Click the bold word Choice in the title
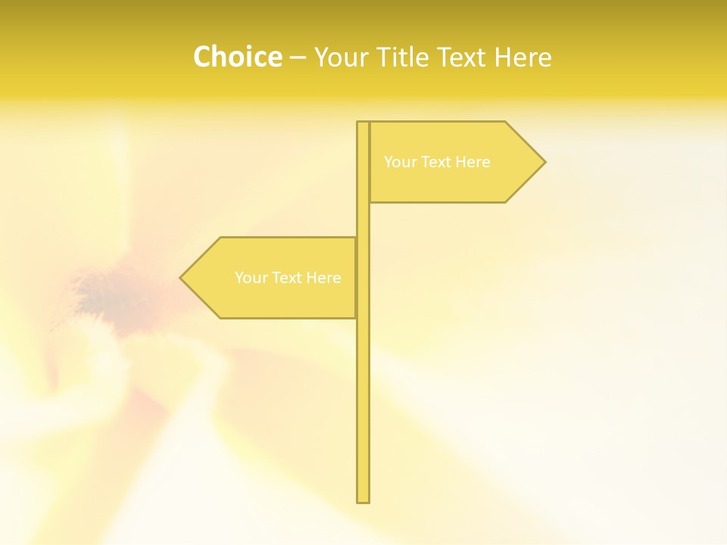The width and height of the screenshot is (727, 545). coord(237,57)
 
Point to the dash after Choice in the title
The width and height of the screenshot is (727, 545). coord(298,58)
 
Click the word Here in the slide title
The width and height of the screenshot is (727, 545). coord(523,57)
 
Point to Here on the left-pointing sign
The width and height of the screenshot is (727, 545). coord(323,278)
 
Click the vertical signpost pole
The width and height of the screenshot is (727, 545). coord(363,394)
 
